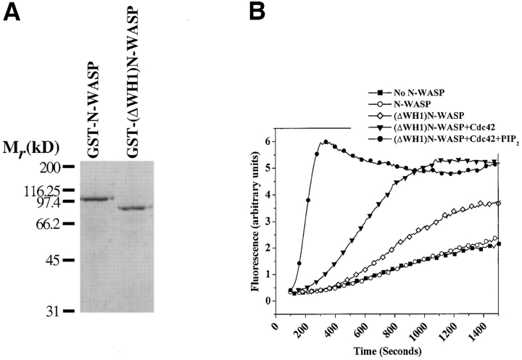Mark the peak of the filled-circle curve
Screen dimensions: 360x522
326,142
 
